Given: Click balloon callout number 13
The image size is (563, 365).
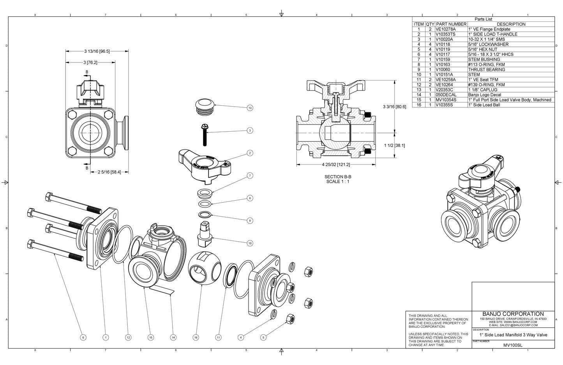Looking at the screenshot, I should (x=250, y=108).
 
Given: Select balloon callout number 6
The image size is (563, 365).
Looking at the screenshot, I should (x=83, y=337).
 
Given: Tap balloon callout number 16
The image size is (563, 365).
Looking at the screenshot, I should (x=196, y=337).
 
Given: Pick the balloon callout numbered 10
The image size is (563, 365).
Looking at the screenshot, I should (x=250, y=243).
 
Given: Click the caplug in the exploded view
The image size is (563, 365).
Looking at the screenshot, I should (x=204, y=105).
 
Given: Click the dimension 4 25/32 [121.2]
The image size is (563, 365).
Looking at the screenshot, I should (x=336, y=165).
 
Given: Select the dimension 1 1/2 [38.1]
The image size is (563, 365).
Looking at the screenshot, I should (x=394, y=145).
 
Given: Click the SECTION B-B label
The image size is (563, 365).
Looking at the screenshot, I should (x=338, y=177).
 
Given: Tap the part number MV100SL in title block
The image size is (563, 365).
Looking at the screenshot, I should (x=513, y=345).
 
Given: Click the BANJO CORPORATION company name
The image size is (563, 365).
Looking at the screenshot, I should (x=513, y=314).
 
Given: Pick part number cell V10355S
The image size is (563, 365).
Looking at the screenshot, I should (x=445, y=105).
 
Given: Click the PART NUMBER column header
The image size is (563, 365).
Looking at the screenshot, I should (x=451, y=24).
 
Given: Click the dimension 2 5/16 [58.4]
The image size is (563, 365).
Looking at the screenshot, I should (x=109, y=172).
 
